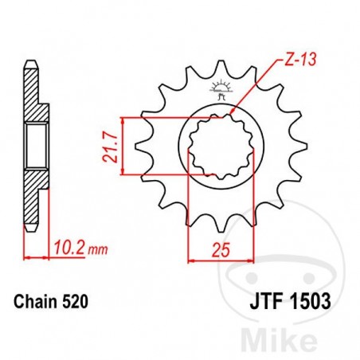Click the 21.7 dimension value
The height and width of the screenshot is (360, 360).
pos(109,146)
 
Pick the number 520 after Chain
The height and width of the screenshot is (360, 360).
pos(73,302)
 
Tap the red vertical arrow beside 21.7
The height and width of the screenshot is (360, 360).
pos(123,146)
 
